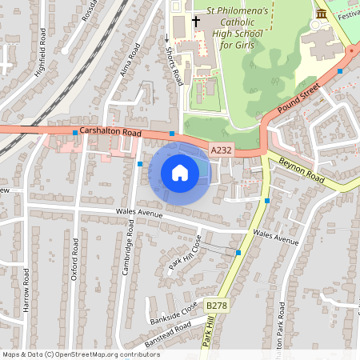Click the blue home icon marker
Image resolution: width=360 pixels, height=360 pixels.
(180, 172)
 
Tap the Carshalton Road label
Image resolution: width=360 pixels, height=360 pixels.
(111, 133)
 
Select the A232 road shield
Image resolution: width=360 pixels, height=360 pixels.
(221, 150)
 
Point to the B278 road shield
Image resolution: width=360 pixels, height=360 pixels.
(216, 306)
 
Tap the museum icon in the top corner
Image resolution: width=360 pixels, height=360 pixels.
(322, 14)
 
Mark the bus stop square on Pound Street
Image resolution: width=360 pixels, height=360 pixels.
(340, 71)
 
